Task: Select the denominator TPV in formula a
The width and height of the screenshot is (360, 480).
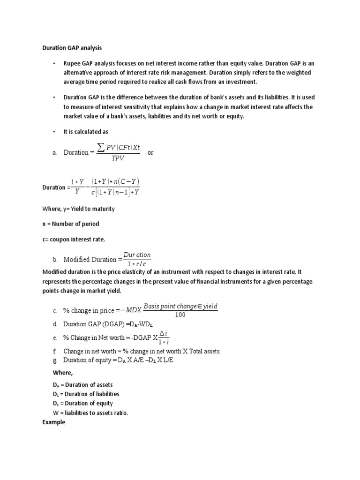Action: [x=117, y=159]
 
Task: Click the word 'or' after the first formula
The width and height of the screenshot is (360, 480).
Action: [x=150, y=153]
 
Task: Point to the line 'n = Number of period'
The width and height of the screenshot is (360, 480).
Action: [x=71, y=224]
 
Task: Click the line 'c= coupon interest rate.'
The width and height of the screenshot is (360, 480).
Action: [x=74, y=239]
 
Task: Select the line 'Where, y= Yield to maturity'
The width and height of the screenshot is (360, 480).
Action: [x=78, y=209]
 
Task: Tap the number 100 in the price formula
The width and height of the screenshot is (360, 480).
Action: [x=180, y=315]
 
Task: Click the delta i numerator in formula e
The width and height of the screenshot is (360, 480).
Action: [x=164, y=333]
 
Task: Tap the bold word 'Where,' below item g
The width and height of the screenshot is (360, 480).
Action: [x=63, y=373]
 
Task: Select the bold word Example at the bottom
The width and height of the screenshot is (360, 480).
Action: [x=53, y=422]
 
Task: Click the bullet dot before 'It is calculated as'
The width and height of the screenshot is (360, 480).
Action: [x=54, y=132]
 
